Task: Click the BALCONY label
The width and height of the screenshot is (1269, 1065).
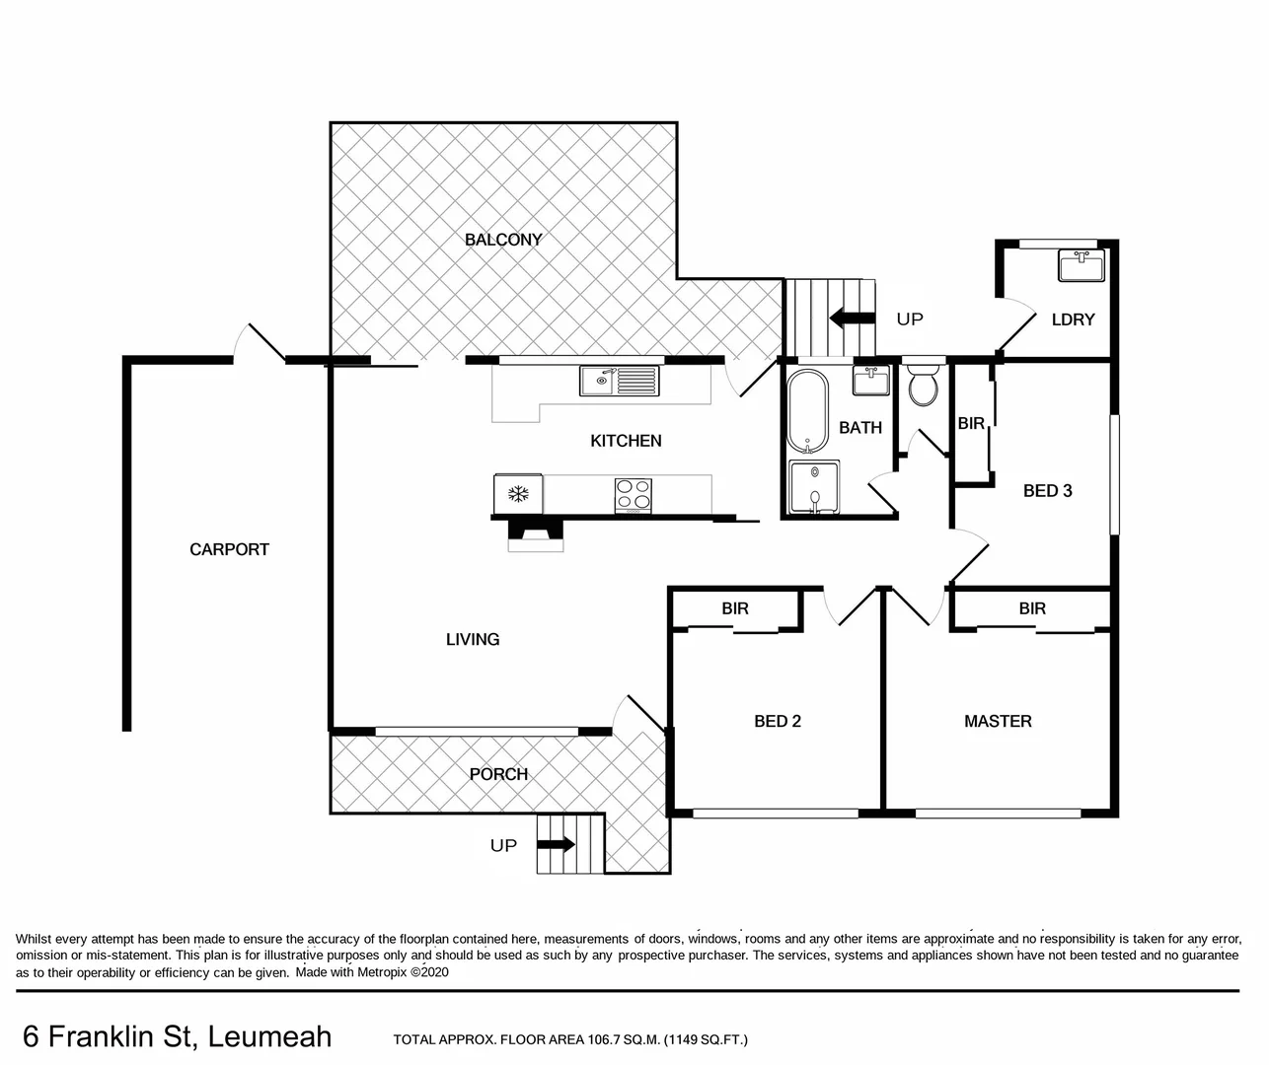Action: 503,240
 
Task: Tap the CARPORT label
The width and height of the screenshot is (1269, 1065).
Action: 229,549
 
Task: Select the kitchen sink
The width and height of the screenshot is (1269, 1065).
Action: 619,380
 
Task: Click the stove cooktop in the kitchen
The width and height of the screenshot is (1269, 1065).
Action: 634,494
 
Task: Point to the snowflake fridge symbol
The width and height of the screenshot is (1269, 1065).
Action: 518,493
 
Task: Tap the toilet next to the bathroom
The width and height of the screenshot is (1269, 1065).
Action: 924,385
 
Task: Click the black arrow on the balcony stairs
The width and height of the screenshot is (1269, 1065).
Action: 853,319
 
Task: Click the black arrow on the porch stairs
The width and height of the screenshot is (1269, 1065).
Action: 556,845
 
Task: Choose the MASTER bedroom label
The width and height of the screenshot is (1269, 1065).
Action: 998,722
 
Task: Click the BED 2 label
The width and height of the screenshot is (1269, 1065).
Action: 778,722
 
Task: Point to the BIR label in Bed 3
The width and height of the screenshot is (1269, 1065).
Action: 971,423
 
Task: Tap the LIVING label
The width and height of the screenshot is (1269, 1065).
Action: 473,640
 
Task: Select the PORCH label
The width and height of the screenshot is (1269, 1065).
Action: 498,775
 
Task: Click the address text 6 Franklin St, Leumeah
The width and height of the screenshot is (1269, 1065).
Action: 177,1036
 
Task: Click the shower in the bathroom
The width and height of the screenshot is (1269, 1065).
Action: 814,487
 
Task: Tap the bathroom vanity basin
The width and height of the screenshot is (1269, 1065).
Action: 870,381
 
